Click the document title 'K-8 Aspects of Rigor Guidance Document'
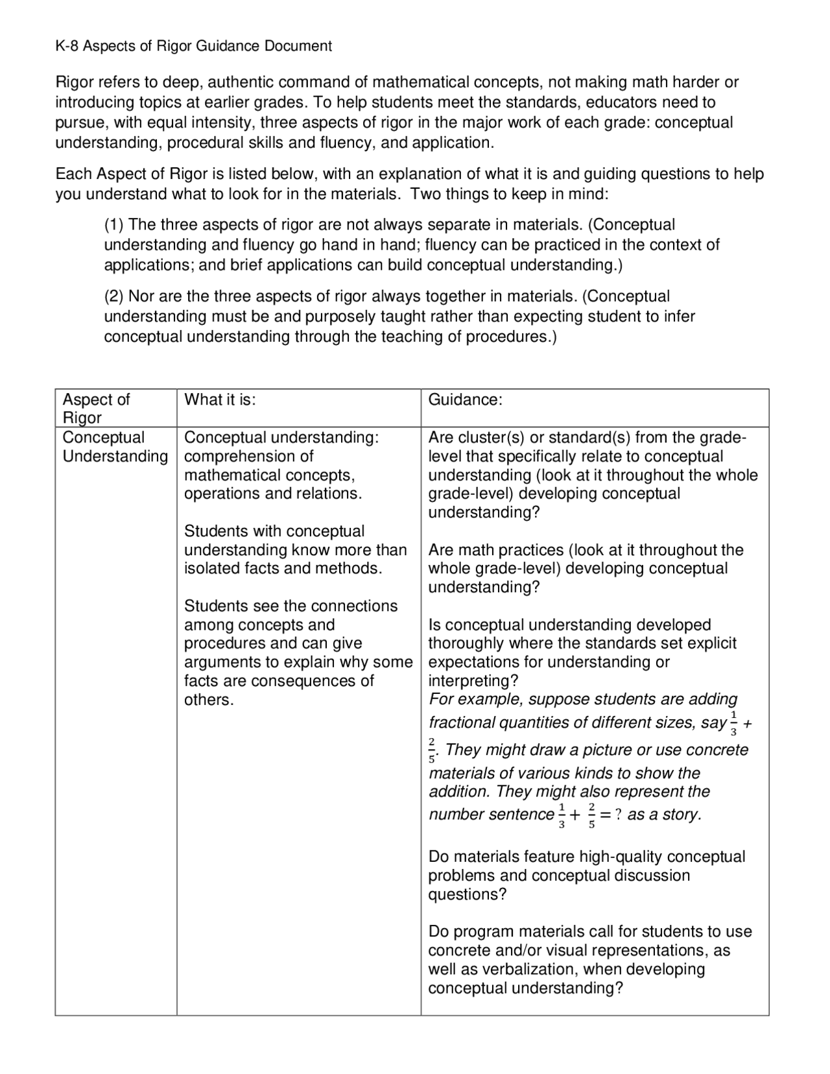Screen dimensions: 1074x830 (x=193, y=46)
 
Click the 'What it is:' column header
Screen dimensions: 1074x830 (x=220, y=400)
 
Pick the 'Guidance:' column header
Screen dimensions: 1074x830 (x=465, y=400)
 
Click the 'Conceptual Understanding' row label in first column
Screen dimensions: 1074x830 (x=114, y=447)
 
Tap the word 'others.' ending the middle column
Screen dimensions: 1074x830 (x=208, y=700)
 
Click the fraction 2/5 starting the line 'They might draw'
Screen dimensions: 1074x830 (x=433, y=750)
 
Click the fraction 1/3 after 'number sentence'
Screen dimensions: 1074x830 (x=562, y=815)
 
